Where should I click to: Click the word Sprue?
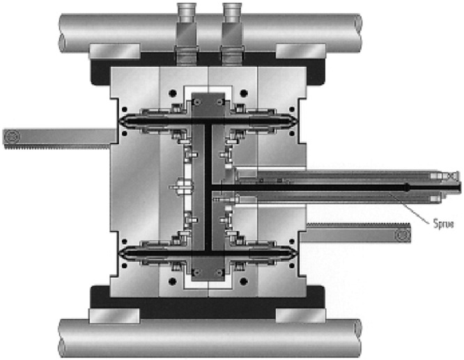coord(443,224)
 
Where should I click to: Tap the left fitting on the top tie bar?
coord(187,33)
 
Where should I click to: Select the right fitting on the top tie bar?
coord(232,33)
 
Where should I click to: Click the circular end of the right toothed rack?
coord(403,235)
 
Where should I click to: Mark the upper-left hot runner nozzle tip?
coord(121,121)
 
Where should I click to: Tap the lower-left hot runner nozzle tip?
coord(121,253)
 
